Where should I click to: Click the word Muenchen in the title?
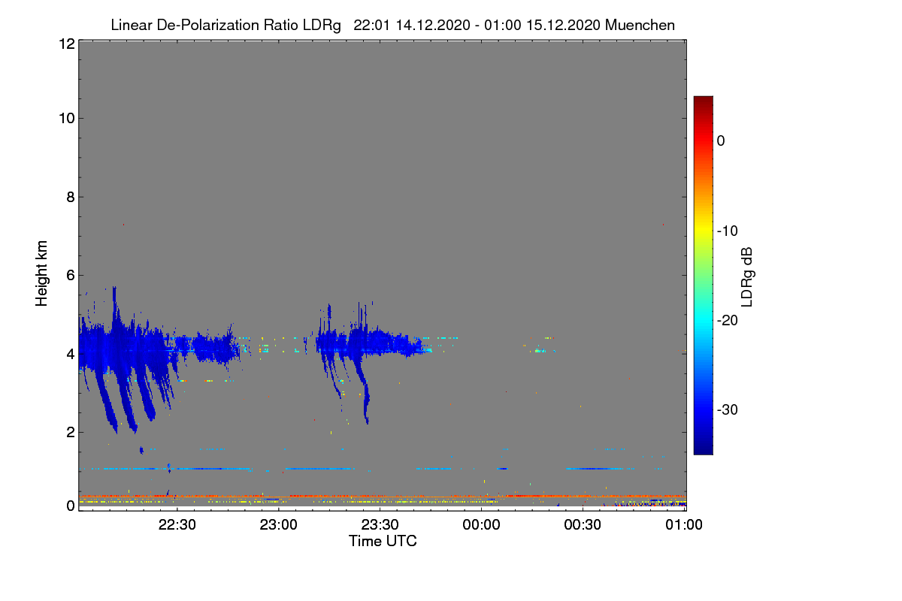tap(640, 25)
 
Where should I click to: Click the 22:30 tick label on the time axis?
tap(177, 525)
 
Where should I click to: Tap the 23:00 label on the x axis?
tap(279, 525)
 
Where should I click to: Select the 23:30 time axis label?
tap(380, 525)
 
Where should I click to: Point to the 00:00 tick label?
tap(482, 525)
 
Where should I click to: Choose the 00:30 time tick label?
tap(583, 525)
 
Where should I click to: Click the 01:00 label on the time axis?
tap(685, 525)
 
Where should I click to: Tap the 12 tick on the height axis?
tap(65, 44)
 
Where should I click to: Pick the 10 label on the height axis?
tap(65, 118)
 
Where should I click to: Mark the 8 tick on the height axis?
tap(69, 197)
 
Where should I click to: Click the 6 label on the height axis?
tap(69, 275)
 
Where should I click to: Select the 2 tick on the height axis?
tap(69, 432)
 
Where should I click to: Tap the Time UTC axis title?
tap(383, 541)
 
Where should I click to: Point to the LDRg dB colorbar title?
tap(747, 276)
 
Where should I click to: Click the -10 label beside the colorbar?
tap(728, 231)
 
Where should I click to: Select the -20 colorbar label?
tap(728, 320)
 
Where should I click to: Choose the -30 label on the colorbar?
tap(728, 410)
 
